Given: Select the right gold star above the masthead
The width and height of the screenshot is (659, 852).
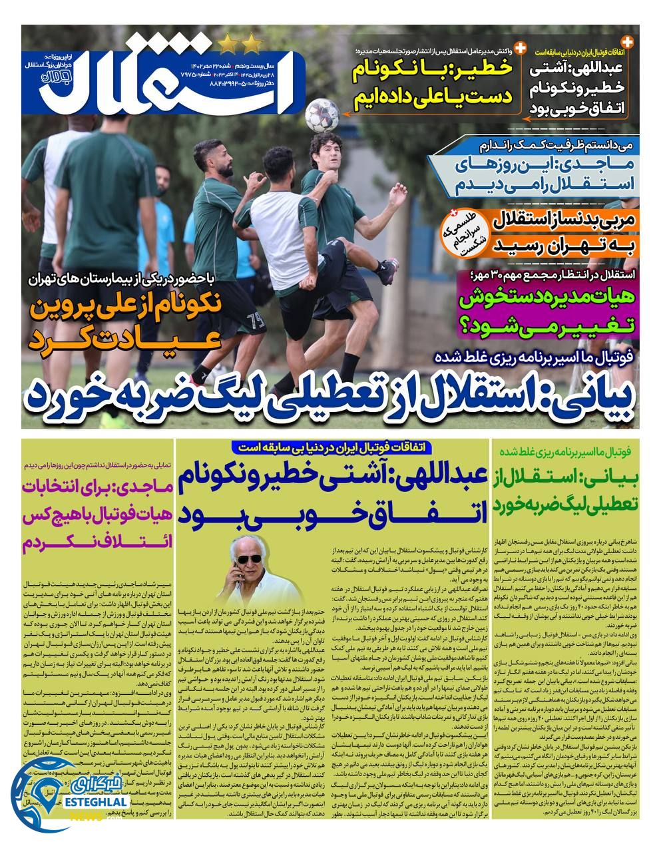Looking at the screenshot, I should click(x=252, y=45).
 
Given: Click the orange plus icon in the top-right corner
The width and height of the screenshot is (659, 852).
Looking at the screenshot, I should click(x=627, y=41).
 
